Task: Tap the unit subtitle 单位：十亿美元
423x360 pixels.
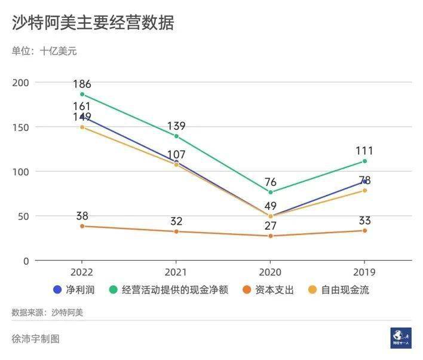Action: pyautogui.click(x=44, y=51)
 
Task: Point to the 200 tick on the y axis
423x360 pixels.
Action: pyautogui.click(x=23, y=83)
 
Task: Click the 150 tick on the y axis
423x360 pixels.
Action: pyautogui.click(x=23, y=127)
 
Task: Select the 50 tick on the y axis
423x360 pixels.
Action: pyautogui.click(x=24, y=216)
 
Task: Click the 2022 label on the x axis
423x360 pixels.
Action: pyautogui.click(x=82, y=272)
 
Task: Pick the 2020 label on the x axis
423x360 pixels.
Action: pyautogui.click(x=270, y=272)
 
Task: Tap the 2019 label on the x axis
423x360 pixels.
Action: pyautogui.click(x=364, y=272)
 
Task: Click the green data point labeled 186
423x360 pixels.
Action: pyautogui.click(x=82, y=94)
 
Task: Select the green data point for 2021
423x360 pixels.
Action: pyautogui.click(x=176, y=136)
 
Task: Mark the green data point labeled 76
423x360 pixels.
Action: pyautogui.click(x=270, y=193)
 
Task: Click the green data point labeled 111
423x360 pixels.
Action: pyautogui.click(x=364, y=161)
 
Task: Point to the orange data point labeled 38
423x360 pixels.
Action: pyautogui.click(x=82, y=226)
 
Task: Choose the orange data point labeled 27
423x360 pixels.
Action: pyautogui.click(x=270, y=236)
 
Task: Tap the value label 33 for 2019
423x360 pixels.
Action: pyautogui.click(x=364, y=221)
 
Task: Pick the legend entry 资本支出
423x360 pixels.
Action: pyautogui.click(x=268, y=290)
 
